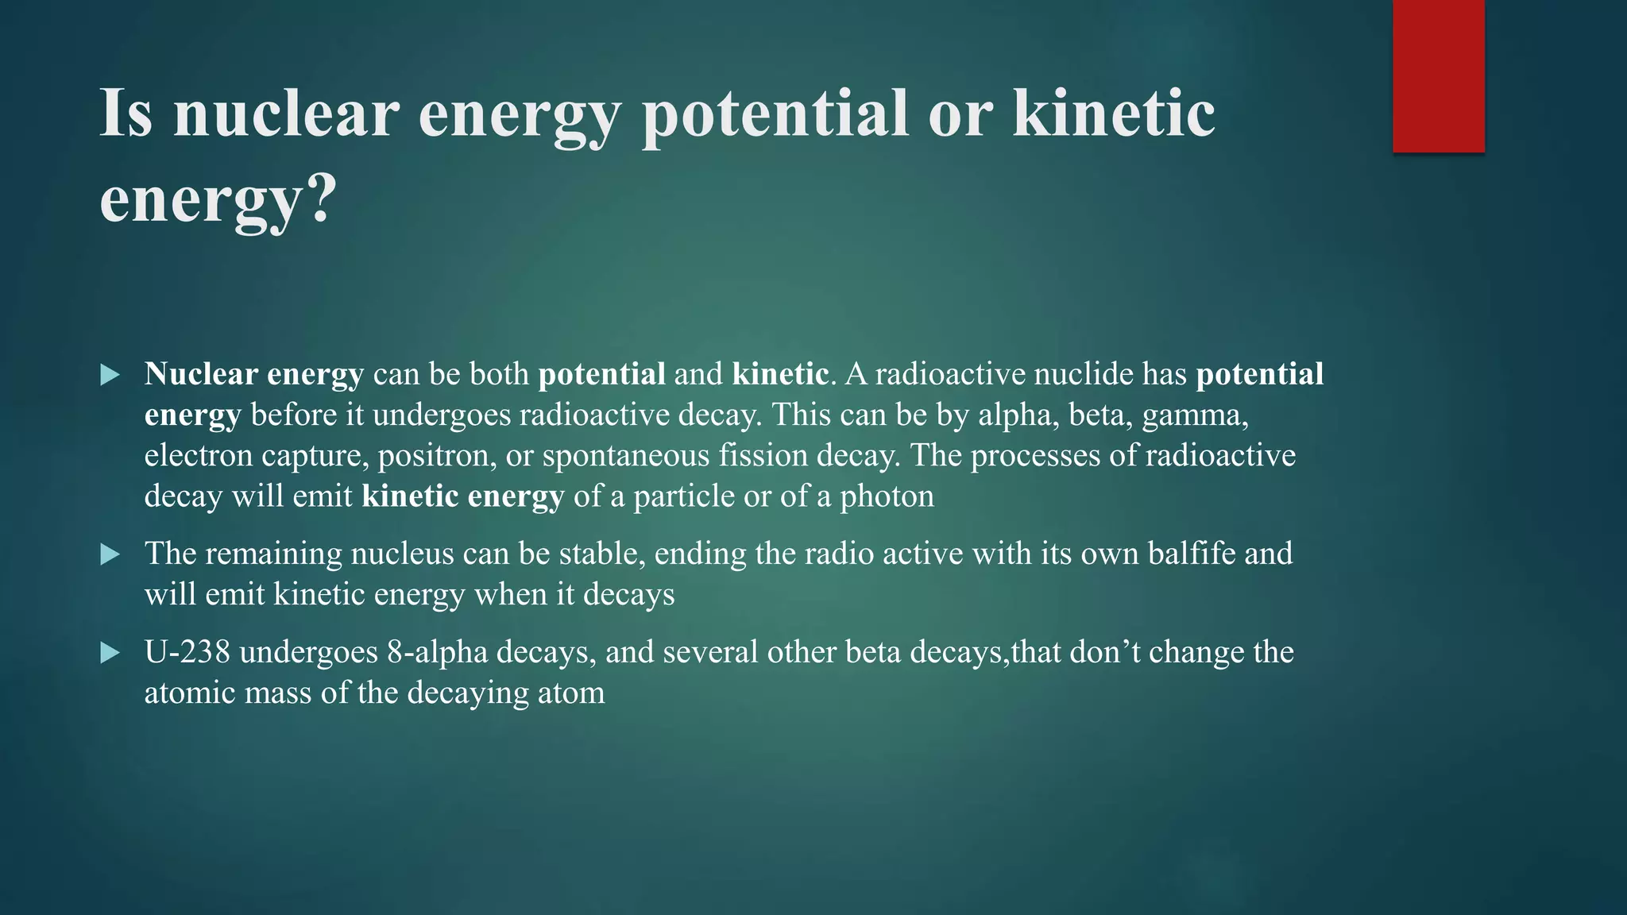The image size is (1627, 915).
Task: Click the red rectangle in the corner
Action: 1439,76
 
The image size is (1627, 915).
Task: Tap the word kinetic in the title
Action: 1114,114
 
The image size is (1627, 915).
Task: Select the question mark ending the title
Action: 321,199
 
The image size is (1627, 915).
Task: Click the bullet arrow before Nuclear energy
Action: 110,375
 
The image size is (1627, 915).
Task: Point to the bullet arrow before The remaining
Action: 110,554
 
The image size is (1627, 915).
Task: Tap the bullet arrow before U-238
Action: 110,654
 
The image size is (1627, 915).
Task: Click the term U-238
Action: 187,652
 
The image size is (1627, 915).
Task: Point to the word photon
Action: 887,496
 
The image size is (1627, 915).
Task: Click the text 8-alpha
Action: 438,652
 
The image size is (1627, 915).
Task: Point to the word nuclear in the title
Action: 286,114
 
